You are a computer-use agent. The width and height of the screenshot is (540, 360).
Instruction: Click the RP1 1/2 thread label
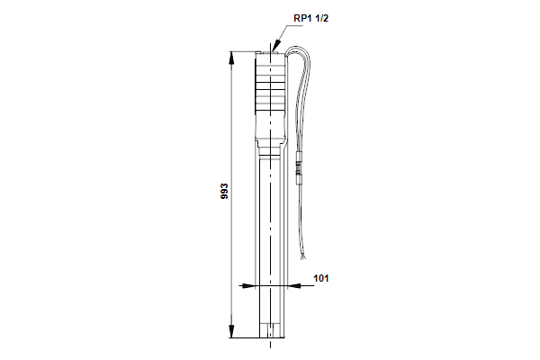tap(311, 18)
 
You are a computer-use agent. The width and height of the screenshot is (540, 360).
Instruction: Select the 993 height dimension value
tap(224, 191)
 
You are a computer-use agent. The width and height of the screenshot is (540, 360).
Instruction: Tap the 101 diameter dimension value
tap(321, 278)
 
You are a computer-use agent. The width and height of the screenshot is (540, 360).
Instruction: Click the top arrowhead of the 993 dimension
tap(232, 58)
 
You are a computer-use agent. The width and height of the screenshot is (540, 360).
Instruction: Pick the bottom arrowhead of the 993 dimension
tap(232, 331)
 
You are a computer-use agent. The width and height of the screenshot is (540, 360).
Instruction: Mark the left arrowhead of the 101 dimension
tap(248, 286)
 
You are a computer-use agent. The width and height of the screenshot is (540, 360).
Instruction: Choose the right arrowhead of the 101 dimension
tap(293, 285)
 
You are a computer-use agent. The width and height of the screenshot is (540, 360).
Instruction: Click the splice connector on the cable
tap(299, 169)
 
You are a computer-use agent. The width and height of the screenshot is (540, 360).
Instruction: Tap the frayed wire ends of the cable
tap(302, 256)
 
